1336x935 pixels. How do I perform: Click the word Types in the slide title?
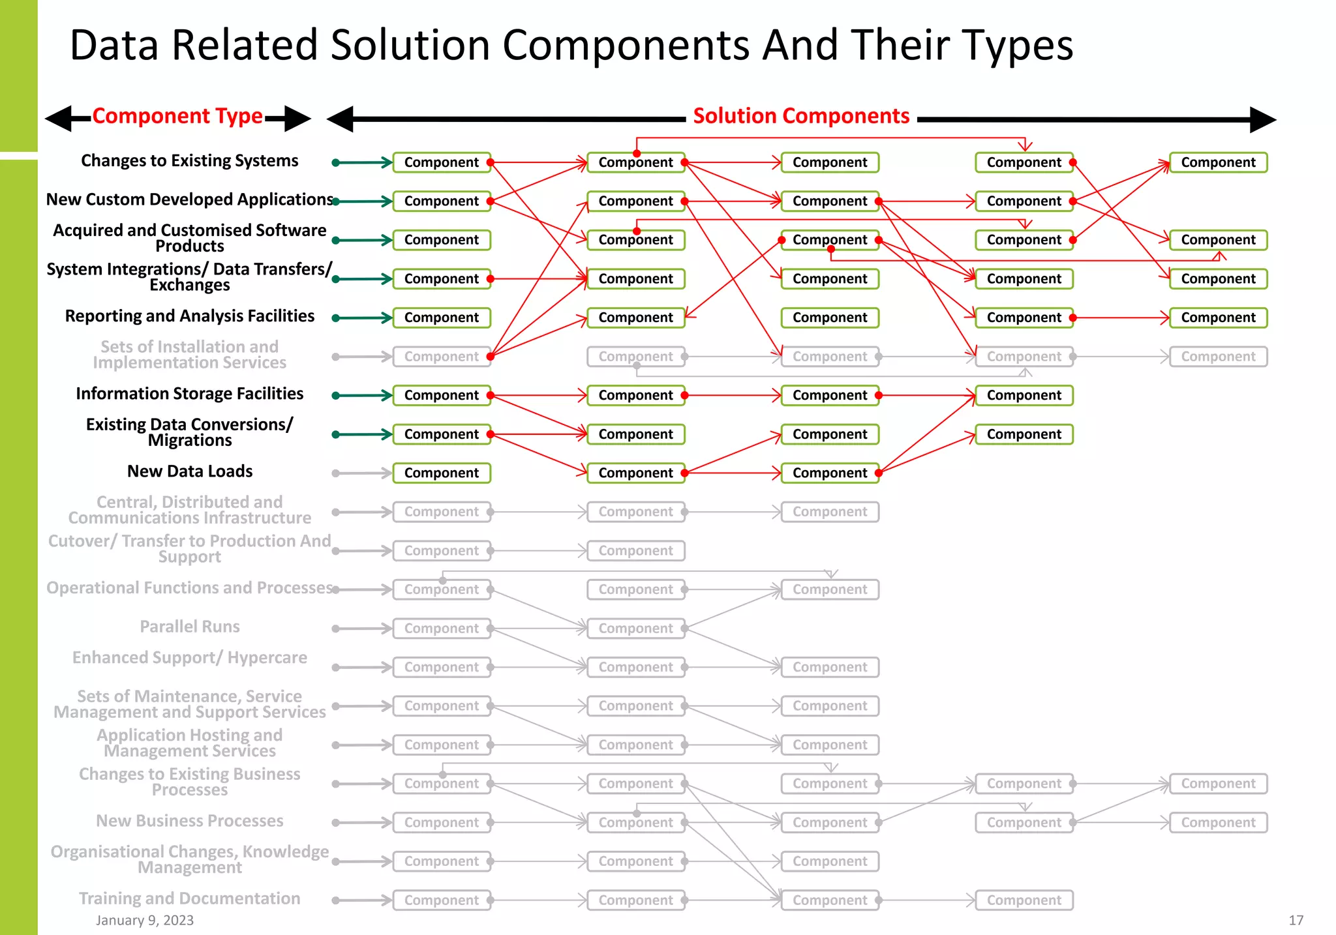pyautogui.click(x=1018, y=46)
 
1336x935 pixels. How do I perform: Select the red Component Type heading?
pyautogui.click(x=177, y=116)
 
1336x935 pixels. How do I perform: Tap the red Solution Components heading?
pyautogui.click(x=801, y=116)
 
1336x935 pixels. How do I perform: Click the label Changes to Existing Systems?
pyautogui.click(x=189, y=160)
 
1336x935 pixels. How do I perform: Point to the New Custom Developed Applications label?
pyautogui.click(x=189, y=200)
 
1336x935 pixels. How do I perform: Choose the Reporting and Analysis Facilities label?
pyautogui.click(x=189, y=316)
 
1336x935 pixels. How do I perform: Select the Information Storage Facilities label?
pyautogui.click(x=189, y=394)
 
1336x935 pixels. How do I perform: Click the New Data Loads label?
pyautogui.click(x=189, y=471)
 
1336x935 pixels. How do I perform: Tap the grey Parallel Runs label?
pyautogui.click(x=189, y=627)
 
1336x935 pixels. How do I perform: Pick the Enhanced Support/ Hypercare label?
pyautogui.click(x=189, y=658)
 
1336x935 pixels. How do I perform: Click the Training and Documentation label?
pyautogui.click(x=189, y=898)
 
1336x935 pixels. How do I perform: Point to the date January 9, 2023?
pyautogui.click(x=145, y=920)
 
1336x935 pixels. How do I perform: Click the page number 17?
pyautogui.click(x=1296, y=920)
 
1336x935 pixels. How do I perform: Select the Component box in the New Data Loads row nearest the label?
pyautogui.click(x=442, y=473)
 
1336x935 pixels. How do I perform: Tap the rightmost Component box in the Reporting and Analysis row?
pyautogui.click(x=1218, y=318)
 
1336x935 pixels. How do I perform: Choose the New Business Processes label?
pyautogui.click(x=189, y=821)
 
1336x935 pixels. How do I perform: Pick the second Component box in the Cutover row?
pyautogui.click(x=635, y=551)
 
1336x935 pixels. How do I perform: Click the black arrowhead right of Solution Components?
pyautogui.click(x=1262, y=120)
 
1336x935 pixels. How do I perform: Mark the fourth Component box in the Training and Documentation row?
pyautogui.click(x=1024, y=900)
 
